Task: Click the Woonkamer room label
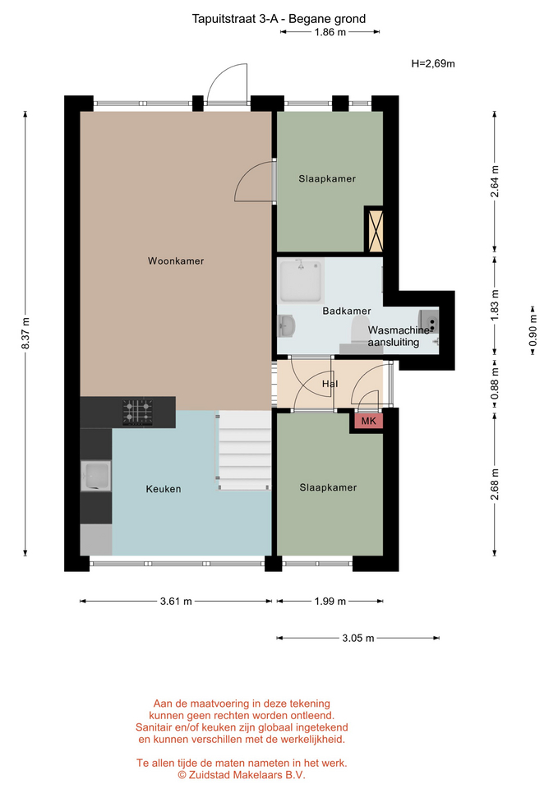click(176, 261)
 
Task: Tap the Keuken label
click(164, 488)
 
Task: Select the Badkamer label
click(347, 311)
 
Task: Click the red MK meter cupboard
click(369, 421)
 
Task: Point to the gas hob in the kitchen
click(137, 412)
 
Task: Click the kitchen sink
click(96, 476)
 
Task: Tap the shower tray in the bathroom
click(301, 281)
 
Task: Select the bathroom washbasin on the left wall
click(286, 325)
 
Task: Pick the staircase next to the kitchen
click(244, 450)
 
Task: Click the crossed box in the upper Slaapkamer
click(374, 231)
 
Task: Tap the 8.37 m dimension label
click(25, 333)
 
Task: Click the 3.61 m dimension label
click(176, 601)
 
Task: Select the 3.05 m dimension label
click(358, 638)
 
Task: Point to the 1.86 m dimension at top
click(330, 32)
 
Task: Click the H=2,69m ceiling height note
click(433, 63)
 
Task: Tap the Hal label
click(330, 384)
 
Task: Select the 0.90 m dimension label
click(533, 330)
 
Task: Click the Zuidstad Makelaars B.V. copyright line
click(242, 775)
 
